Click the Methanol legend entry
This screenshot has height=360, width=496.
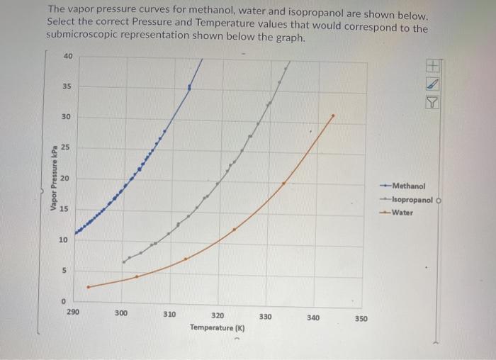click(407, 186)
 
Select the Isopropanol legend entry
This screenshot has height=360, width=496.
click(411, 199)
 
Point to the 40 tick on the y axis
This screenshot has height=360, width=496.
click(68, 56)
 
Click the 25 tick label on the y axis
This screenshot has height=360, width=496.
click(65, 147)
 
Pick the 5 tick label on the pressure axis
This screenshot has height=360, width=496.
click(63, 271)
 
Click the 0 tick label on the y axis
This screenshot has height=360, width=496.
click(63, 301)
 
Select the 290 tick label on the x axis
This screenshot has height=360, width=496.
click(73, 313)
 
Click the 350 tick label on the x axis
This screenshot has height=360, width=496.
click(361, 319)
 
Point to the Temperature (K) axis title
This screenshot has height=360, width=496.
click(218, 328)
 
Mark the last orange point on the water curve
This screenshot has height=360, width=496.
click(334, 115)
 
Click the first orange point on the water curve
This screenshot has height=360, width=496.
click(88, 287)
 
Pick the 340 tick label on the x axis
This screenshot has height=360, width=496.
click(313, 318)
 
